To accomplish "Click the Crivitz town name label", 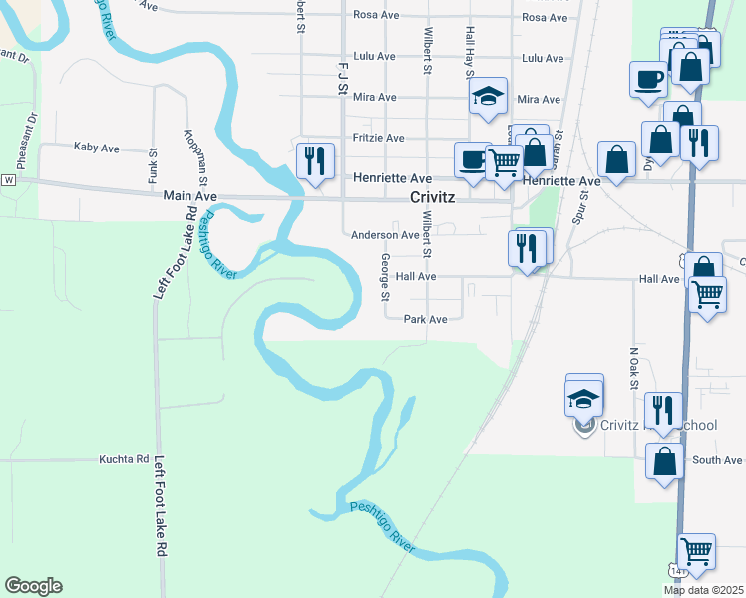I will (x=432, y=197).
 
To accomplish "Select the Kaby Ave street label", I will (x=97, y=148).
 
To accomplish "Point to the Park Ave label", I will (x=425, y=320).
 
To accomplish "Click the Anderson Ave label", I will (x=385, y=235).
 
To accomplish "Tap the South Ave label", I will (x=718, y=460).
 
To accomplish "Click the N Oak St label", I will (x=633, y=369).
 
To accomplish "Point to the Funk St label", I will (x=154, y=166).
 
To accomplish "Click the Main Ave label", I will (x=189, y=197).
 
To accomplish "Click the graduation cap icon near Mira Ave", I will (x=488, y=96).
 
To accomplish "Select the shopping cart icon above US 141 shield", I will (x=695, y=549).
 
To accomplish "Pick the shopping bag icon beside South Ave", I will (x=664, y=460).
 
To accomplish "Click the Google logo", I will (x=33, y=586).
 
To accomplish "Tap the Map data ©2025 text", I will (x=703, y=590).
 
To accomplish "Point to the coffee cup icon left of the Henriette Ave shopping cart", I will (x=473, y=159).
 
